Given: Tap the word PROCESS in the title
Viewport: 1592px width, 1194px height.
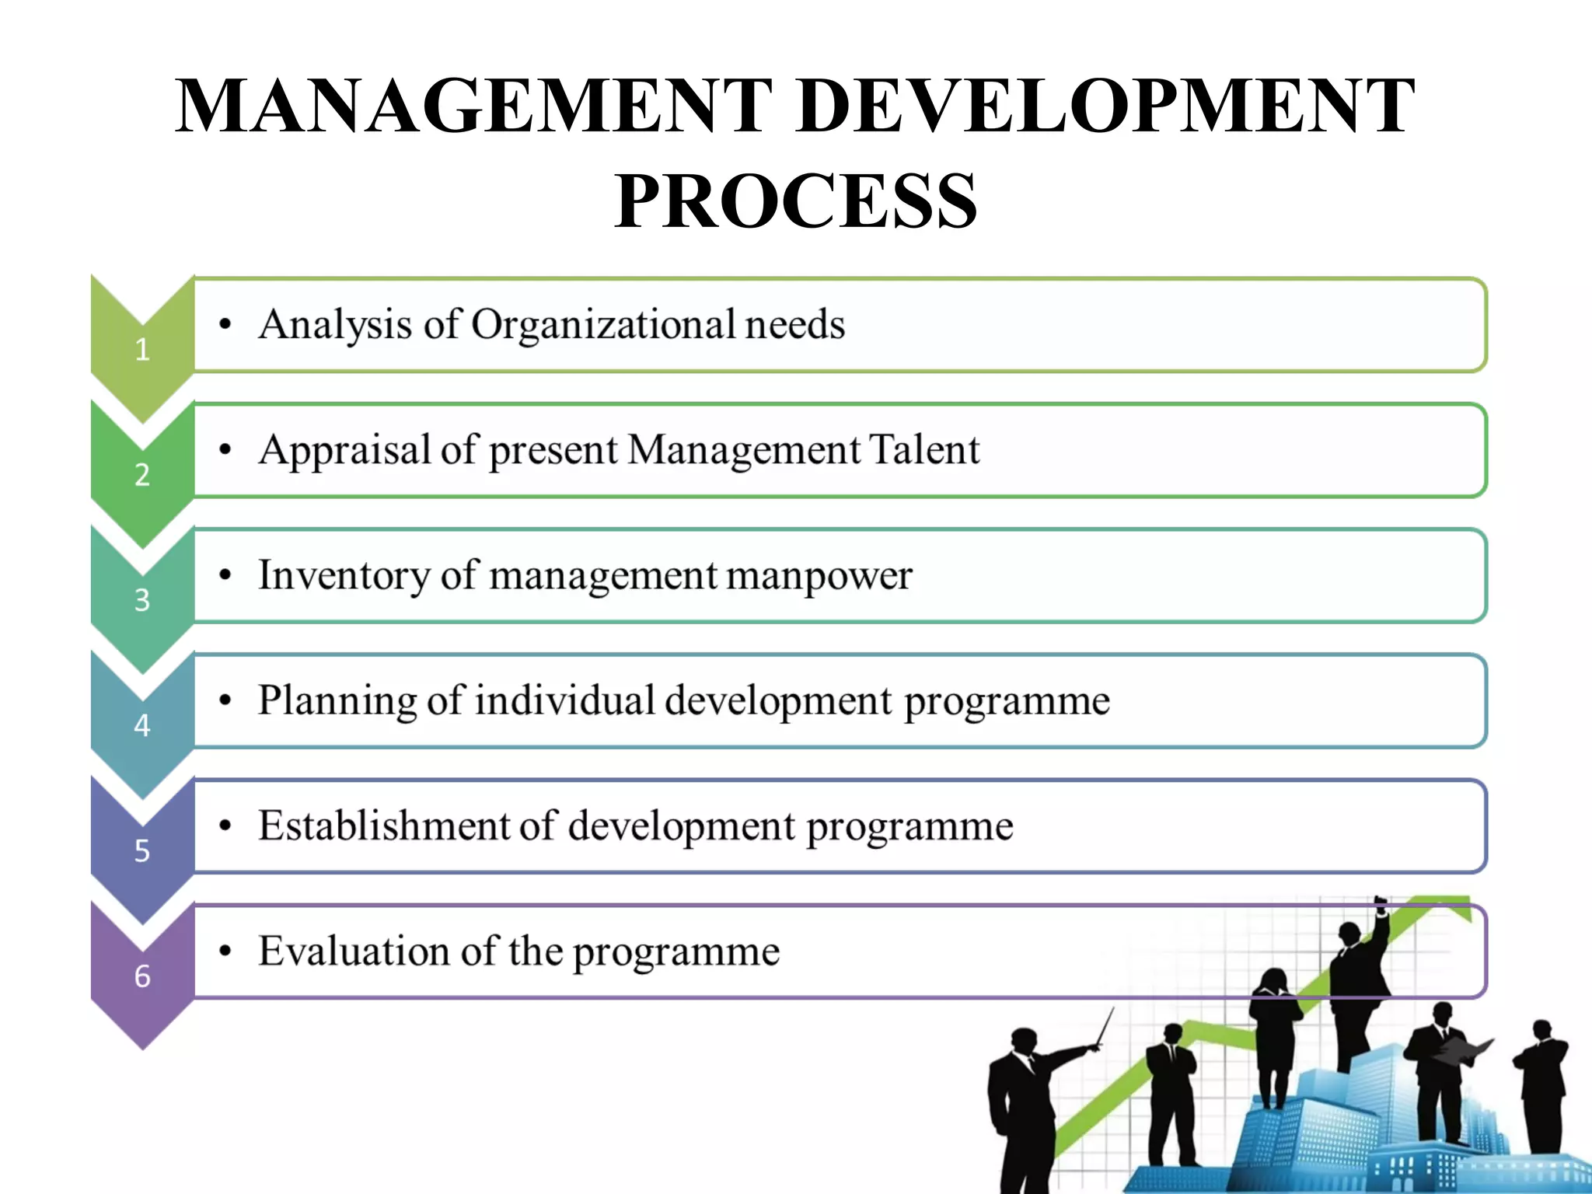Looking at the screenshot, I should pyautogui.click(x=796, y=201).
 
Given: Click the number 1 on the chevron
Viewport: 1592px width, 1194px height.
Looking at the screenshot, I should pyautogui.click(x=142, y=350).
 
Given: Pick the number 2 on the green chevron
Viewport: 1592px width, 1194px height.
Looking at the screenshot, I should pyautogui.click(x=142, y=475).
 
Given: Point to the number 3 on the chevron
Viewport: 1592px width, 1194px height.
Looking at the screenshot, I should pyautogui.click(x=142, y=600).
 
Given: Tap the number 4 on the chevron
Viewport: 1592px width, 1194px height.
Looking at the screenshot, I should pyautogui.click(x=142, y=725).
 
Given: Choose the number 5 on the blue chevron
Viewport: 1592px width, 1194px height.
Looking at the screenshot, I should pyautogui.click(x=142, y=850).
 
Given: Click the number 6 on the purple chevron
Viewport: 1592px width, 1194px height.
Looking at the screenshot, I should pyautogui.click(x=142, y=976).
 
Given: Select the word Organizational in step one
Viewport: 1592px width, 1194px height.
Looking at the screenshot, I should pyautogui.click(x=602, y=325).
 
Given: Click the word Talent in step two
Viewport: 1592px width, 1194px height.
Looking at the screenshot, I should pyautogui.click(x=923, y=449).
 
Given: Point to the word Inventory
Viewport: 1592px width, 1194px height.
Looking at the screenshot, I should pyautogui.click(x=343, y=575).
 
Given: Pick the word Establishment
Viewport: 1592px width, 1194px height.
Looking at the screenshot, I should pyautogui.click(x=384, y=826).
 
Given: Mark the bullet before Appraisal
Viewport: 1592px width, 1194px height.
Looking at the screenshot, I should pyautogui.click(x=225, y=450).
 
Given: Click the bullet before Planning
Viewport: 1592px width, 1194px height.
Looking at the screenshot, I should pyautogui.click(x=225, y=701).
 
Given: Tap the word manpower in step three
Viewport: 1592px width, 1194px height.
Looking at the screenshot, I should pyautogui.click(x=819, y=577).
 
